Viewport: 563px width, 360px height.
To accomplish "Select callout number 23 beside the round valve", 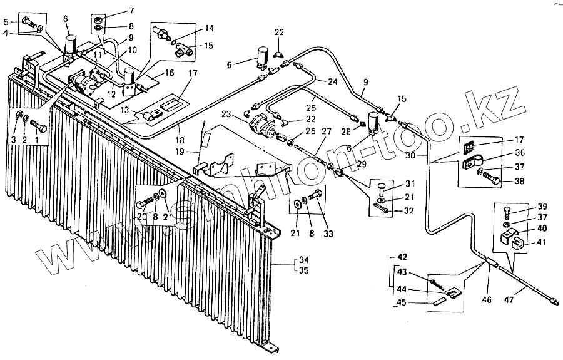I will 243,115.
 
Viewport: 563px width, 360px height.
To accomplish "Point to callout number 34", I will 305,260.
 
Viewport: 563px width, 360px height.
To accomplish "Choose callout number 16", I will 169,73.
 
